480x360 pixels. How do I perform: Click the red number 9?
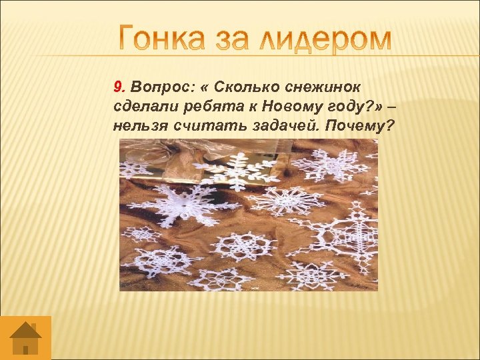click(x=119, y=87)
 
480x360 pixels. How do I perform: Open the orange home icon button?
click(x=25, y=337)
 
